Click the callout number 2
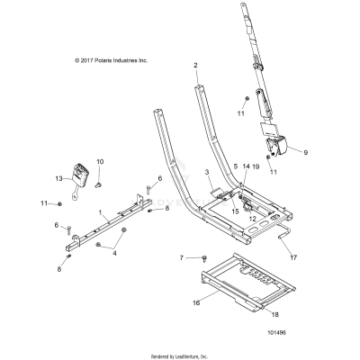click(x=195, y=66)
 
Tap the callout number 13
click(x=61, y=179)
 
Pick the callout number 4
click(x=113, y=253)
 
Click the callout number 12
click(x=253, y=219)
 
